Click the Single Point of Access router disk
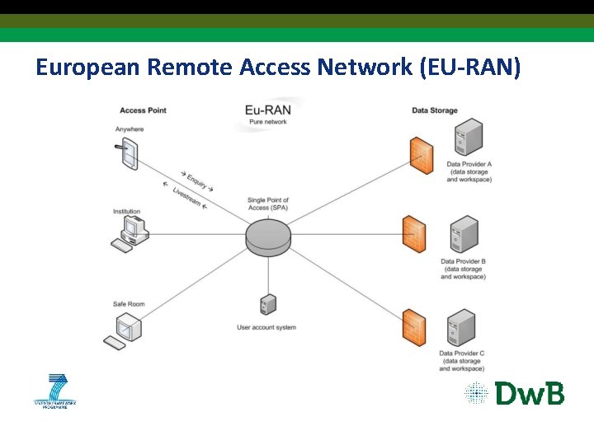point(268,237)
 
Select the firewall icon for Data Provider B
point(414,234)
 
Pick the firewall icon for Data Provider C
point(414,327)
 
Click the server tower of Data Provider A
point(469,138)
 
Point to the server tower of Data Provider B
point(464,235)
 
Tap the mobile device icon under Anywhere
point(128,154)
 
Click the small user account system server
point(266,305)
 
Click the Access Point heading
point(144,110)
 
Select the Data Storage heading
point(434,110)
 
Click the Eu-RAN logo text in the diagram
point(267,110)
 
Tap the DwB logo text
point(530,393)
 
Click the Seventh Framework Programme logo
point(54,391)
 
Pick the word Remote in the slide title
point(191,68)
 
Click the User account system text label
point(266,328)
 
